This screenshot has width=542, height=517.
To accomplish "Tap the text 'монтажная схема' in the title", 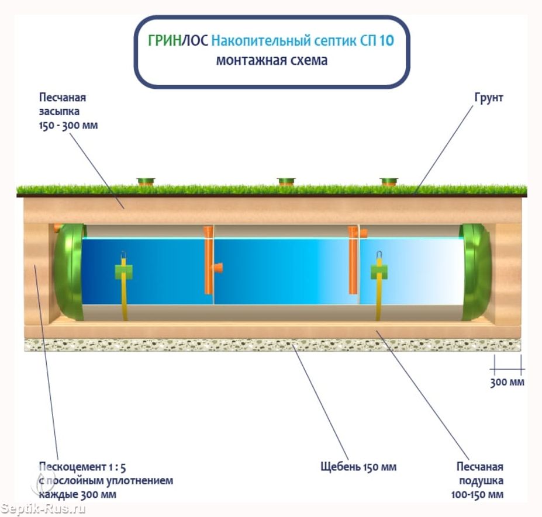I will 272,60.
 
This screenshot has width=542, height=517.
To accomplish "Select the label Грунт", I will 489,98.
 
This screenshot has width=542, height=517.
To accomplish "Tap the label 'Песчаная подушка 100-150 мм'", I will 479,481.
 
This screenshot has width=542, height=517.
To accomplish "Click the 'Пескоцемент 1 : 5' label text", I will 82,467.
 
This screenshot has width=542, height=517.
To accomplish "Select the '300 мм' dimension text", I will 507,383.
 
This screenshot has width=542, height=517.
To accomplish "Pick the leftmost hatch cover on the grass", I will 145,182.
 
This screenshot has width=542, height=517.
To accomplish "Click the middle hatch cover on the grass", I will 285,182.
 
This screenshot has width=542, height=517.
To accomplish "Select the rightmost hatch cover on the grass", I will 389,182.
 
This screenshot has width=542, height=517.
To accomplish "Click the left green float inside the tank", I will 123,271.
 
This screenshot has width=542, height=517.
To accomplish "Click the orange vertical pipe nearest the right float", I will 353,260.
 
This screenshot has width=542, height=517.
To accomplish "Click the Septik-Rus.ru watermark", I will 44,509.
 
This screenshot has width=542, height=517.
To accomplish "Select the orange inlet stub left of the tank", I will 57,227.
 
